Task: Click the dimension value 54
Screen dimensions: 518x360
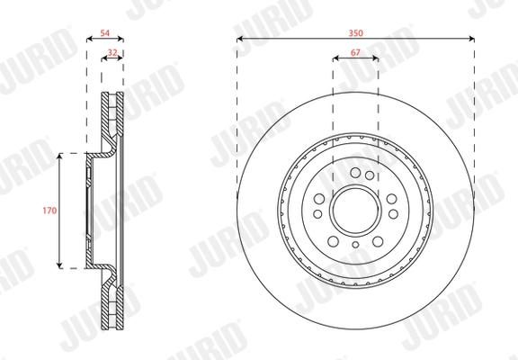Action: (104, 33)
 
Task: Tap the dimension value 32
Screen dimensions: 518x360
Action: (112, 52)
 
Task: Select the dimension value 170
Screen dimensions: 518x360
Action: (49, 211)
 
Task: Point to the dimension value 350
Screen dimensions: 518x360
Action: (355, 33)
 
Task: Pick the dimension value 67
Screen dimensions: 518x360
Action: (355, 52)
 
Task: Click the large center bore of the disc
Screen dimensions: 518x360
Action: (355, 211)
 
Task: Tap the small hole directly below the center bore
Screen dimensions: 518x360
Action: (355, 245)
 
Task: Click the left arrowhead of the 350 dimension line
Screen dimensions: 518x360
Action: (240, 39)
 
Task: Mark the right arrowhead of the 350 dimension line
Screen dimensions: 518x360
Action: (471, 39)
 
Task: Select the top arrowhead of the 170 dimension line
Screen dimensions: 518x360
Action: (59, 157)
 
